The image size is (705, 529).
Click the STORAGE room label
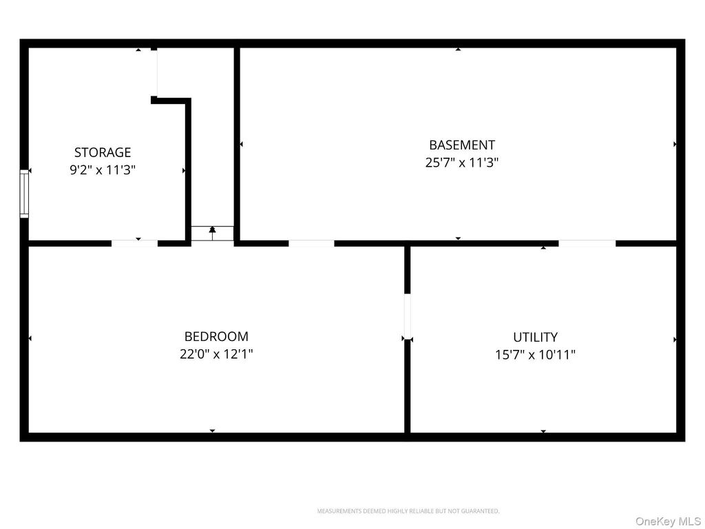coord(103,152)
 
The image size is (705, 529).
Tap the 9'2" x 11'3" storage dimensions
coord(103,170)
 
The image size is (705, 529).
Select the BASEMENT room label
coord(461,145)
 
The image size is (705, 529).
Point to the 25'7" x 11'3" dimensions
coord(461,163)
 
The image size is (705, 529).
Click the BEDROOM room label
coord(216,336)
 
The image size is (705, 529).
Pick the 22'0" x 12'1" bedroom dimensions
coord(216,355)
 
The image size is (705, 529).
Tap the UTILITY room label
coord(535,337)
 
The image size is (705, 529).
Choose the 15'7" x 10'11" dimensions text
coord(535,355)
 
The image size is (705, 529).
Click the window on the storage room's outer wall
coord(24,194)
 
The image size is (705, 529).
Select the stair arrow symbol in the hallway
coord(212,233)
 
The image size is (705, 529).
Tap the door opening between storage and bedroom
coord(134,242)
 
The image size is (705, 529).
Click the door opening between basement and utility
coord(587,243)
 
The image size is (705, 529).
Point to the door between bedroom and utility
coord(407,316)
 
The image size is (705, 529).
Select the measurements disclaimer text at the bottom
coord(408,511)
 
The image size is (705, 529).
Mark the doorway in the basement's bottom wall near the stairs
coord(311,243)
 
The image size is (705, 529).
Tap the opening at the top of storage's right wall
coord(154,73)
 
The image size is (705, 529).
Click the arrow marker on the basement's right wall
coord(675,144)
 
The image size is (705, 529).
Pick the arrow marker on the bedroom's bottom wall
coord(212,431)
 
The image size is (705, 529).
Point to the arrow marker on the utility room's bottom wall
coord(543,432)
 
